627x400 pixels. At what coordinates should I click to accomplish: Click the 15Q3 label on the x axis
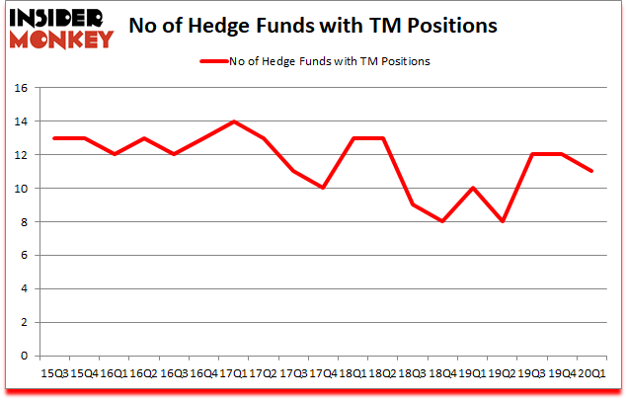click(x=55, y=373)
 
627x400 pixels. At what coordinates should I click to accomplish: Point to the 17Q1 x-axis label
click(x=233, y=373)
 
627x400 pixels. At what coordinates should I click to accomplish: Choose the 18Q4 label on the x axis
click(x=440, y=373)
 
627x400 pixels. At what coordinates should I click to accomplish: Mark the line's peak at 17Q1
click(x=233, y=121)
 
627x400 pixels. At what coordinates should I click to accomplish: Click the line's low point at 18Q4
click(x=440, y=222)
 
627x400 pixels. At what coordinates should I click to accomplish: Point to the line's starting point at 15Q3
click(x=55, y=138)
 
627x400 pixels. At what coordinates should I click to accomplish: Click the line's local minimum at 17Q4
click(x=322, y=189)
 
